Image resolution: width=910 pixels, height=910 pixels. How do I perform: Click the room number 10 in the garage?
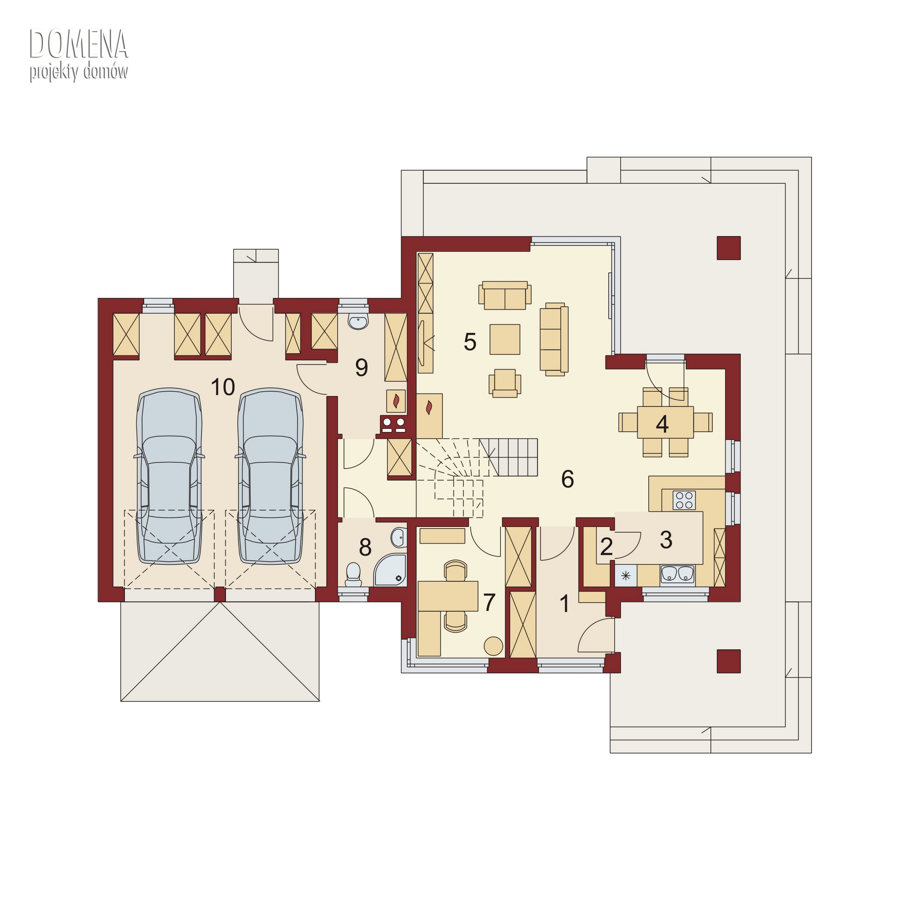[223, 387]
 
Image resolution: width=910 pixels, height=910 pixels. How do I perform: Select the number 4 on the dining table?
[662, 424]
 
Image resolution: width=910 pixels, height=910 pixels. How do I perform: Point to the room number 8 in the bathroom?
[365, 547]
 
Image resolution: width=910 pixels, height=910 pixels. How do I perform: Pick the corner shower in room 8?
[390, 570]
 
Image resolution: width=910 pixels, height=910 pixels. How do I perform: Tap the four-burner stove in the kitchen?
[684, 500]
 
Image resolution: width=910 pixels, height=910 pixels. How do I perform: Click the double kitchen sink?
[677, 574]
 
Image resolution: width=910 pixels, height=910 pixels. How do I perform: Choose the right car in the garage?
[271, 476]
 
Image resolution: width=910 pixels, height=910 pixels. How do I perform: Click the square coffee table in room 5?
[505, 339]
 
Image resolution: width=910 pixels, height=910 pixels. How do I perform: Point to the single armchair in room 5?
[505, 383]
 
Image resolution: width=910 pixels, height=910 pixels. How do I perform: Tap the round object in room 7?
[494, 646]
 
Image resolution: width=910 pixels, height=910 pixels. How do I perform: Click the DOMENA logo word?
[79, 44]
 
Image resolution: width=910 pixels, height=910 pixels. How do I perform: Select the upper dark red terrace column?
[729, 248]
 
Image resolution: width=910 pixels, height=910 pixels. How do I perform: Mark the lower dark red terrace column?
[729, 661]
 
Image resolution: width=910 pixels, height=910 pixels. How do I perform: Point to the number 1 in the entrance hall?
[564, 603]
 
